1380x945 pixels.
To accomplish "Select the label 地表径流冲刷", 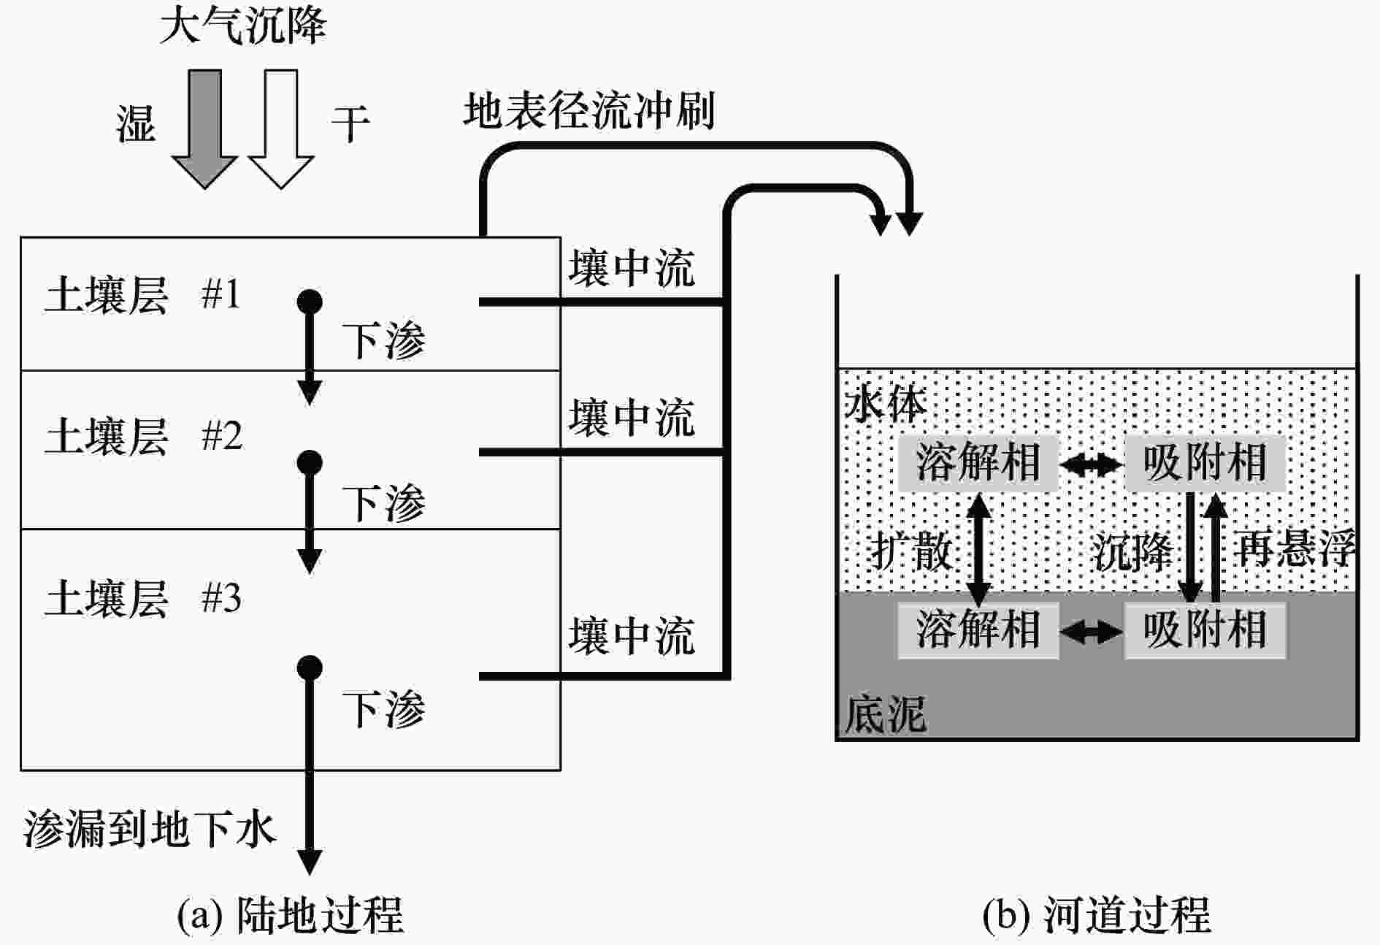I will point(589,111).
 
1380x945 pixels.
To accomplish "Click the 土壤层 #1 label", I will point(143,294).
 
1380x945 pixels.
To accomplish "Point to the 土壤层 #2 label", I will point(143,436).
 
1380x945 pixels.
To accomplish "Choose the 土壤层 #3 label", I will point(143,598).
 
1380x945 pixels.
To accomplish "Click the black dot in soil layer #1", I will point(310,302).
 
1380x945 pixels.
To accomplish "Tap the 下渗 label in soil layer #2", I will point(383,502).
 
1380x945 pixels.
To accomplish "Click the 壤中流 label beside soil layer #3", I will point(632,635).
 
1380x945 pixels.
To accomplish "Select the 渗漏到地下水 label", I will point(150,829).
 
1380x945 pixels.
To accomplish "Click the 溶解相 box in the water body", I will point(978,462).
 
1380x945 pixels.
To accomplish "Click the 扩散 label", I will point(911,551).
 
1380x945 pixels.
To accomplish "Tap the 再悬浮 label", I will point(1295,548).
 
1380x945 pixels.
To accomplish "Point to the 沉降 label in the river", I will point(1132,551).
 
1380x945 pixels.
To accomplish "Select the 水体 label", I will point(885,403).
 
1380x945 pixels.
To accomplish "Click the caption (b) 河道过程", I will point(1096,914).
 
